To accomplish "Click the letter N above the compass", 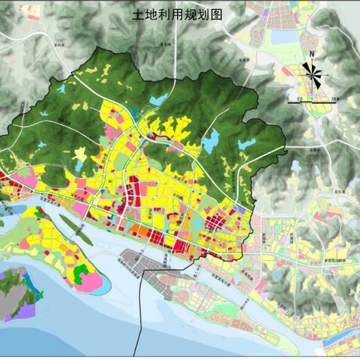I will point(310,54).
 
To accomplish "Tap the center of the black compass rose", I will point(310,73).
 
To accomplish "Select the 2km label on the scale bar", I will point(334,98).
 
